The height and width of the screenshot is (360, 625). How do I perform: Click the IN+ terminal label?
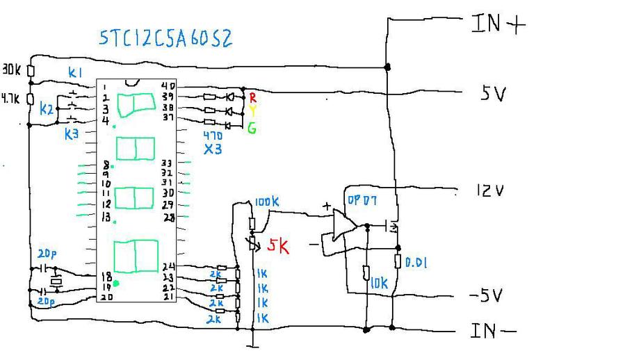[x=498, y=24]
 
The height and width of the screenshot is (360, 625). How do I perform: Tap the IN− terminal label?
[x=494, y=331]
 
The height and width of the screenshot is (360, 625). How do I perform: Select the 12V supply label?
[x=489, y=190]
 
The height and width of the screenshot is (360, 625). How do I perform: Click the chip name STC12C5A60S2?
[x=165, y=38]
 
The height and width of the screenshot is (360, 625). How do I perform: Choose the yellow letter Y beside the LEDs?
[x=253, y=111]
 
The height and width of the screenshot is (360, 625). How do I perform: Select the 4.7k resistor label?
[x=10, y=99]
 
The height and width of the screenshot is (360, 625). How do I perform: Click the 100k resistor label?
[x=267, y=202]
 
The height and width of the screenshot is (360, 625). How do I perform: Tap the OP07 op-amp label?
[x=362, y=201]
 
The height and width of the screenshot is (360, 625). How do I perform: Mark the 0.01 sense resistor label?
[x=415, y=263]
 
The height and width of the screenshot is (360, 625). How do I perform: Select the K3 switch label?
[x=72, y=134]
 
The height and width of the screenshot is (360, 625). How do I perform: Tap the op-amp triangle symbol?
[x=345, y=226]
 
